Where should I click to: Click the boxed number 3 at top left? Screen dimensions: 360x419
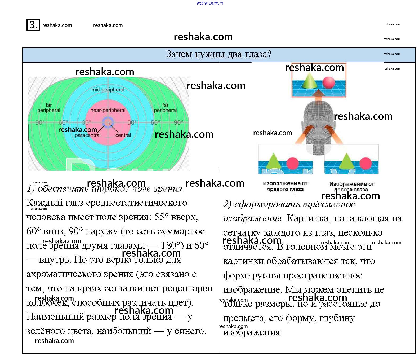pos(33,25)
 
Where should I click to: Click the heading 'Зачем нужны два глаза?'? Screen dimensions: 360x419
pos(219,54)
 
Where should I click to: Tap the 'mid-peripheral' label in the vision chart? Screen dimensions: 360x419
pos(108,90)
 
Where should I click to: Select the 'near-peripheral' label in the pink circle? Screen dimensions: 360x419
pos(108,110)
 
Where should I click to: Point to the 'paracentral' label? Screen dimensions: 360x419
pos(88,135)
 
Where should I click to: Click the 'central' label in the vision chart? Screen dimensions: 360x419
pos(123,135)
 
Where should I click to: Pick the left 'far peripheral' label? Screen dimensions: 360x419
pos(49,108)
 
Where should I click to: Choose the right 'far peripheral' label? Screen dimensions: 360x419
pos(165,108)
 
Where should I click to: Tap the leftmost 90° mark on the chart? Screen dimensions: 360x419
pos(40,122)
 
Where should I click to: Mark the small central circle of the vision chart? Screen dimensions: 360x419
pos(108,123)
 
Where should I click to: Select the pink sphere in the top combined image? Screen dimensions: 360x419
pos(329,82)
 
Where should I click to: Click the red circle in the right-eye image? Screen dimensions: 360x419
pos(292,163)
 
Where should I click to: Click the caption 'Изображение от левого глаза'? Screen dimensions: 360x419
pos(351,187)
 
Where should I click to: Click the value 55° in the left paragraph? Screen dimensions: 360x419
pos(161,217)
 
